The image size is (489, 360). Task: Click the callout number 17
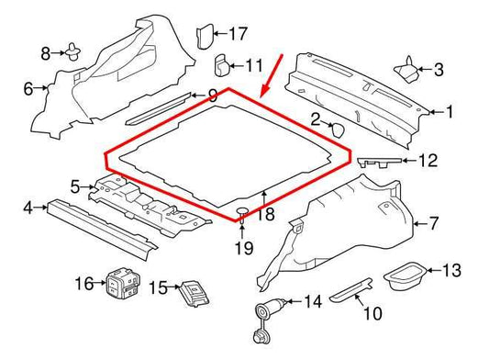[238, 35]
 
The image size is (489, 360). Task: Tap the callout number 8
[46, 52]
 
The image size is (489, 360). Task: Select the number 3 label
[438, 69]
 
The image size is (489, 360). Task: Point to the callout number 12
[428, 161]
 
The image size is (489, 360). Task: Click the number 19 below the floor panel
[242, 247]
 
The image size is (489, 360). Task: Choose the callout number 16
[83, 284]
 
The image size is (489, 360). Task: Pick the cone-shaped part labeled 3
[405, 68]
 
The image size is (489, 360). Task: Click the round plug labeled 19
[242, 215]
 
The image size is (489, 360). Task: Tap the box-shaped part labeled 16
[118, 283]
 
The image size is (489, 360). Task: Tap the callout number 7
[434, 223]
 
